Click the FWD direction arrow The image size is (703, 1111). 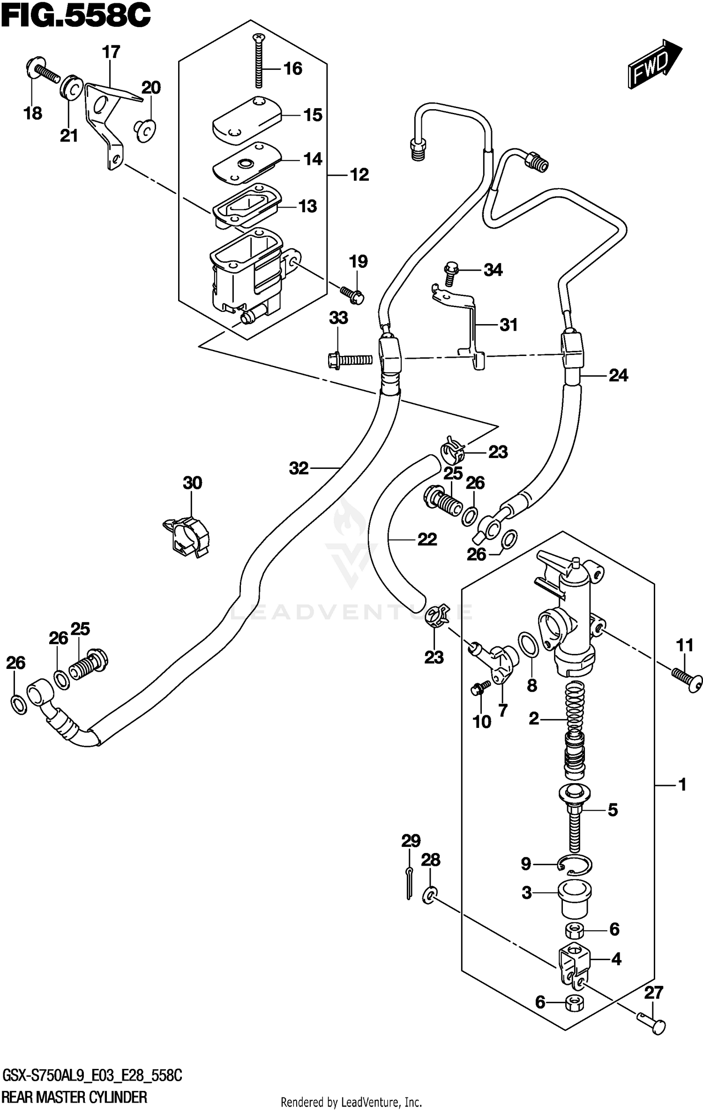pos(655,64)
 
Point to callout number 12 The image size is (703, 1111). pos(359,175)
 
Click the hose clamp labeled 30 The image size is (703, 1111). pos(187,535)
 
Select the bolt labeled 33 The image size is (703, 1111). pos(349,360)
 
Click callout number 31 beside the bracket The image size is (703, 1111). pos(509,325)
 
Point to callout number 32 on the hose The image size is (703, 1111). pos(299,468)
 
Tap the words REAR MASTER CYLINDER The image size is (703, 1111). pos(75,1096)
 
